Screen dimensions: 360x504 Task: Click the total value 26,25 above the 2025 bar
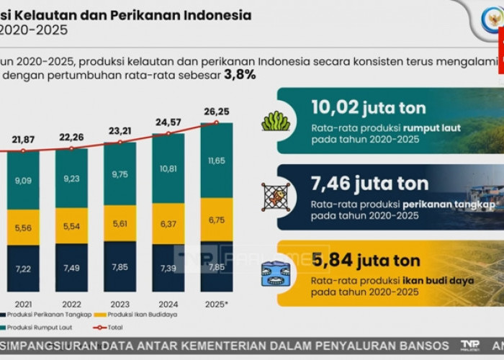coord(216,112)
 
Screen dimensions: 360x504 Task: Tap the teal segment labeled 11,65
coord(216,160)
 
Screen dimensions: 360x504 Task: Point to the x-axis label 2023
coord(120,304)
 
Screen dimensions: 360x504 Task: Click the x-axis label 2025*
coord(216,304)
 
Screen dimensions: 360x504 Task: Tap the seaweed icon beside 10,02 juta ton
coord(276,120)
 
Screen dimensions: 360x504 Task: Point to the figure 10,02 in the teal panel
coord(335,107)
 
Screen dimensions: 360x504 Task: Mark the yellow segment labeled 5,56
coord(23,228)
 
